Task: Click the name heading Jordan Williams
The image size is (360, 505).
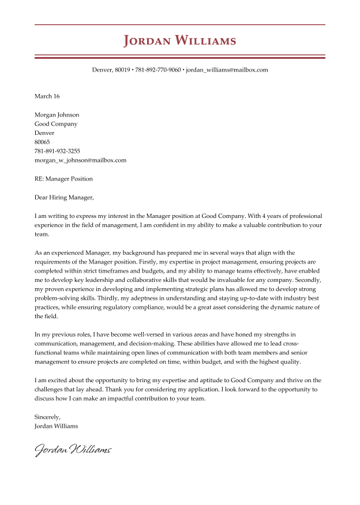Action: (x=180, y=41)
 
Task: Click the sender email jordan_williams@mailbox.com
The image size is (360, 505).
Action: (x=227, y=70)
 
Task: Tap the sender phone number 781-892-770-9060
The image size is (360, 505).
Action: (x=157, y=70)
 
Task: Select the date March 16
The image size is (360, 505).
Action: (x=47, y=96)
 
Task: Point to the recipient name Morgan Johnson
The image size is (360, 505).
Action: (x=57, y=115)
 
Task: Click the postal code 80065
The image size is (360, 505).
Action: (x=42, y=142)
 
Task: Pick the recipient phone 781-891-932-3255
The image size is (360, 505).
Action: (x=57, y=151)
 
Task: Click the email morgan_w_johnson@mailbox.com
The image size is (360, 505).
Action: (x=80, y=160)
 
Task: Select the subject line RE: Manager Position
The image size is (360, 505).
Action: (x=63, y=179)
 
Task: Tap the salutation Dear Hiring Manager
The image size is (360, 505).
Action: (x=63, y=197)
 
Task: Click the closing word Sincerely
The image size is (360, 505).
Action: (x=47, y=417)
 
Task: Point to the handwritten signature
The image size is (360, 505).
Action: (x=73, y=449)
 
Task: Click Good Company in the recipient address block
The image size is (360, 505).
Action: (x=56, y=124)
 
